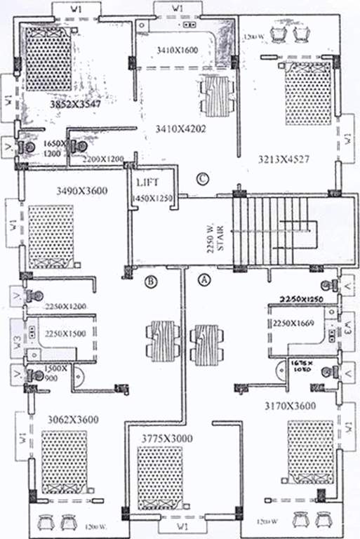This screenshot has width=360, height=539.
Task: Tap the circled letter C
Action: click(203, 179)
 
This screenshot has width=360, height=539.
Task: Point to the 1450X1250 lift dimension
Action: click(152, 200)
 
